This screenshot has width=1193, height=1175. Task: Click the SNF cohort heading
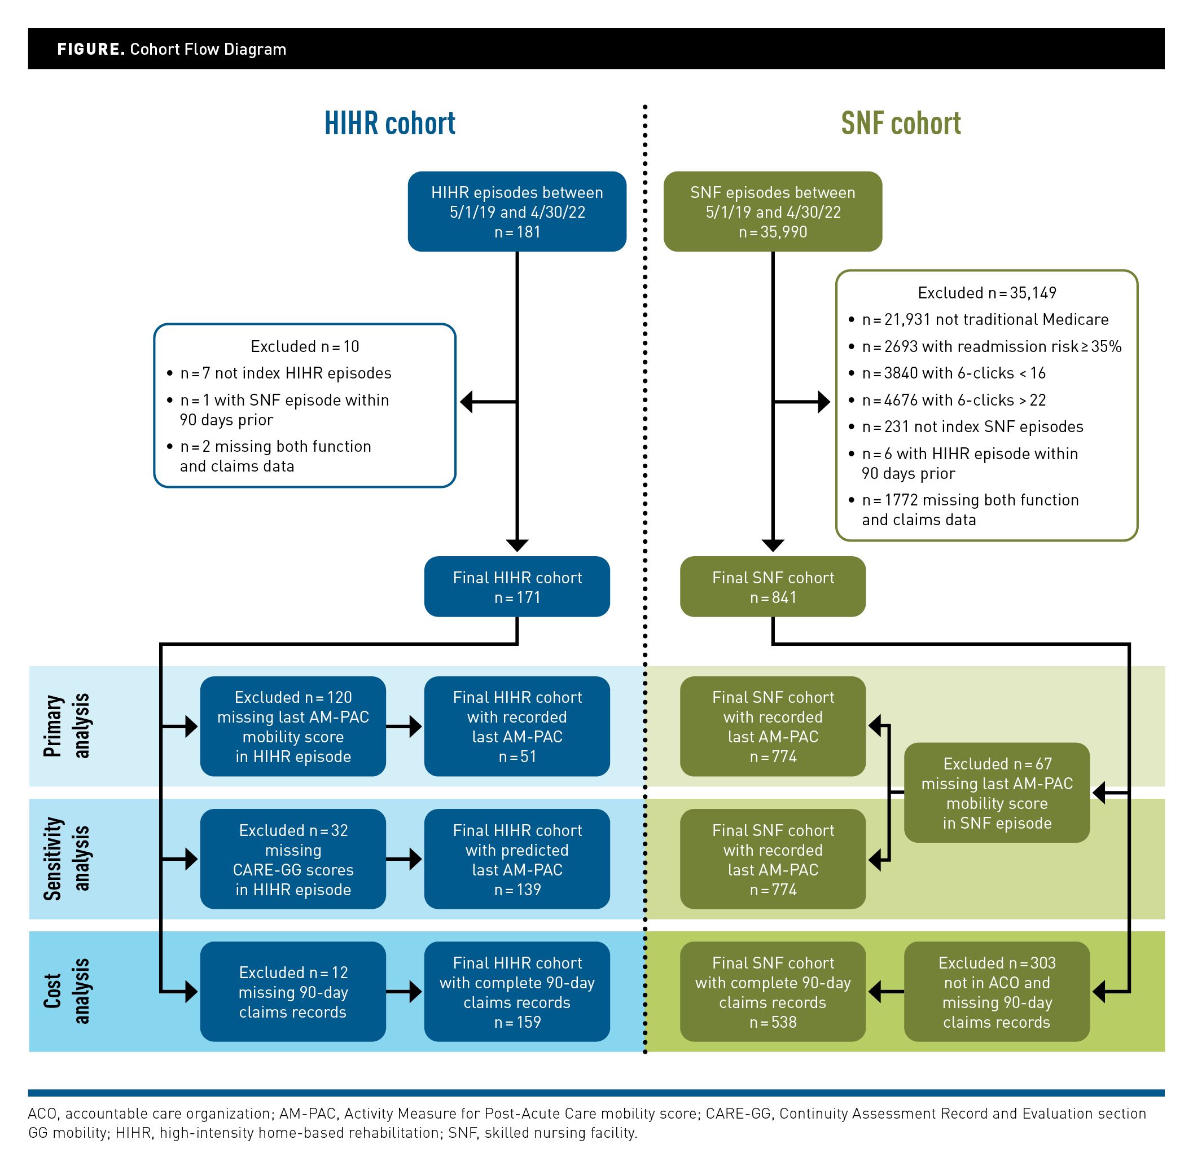900,124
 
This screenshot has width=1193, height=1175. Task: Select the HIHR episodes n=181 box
517,212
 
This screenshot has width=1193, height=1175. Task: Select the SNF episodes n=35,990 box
773,212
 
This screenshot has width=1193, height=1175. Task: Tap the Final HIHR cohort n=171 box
517,587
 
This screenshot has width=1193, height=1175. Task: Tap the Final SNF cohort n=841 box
773,587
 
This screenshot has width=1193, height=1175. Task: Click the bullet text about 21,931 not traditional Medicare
984,320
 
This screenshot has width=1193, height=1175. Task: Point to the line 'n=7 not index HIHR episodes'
286,373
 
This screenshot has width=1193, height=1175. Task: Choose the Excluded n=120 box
293,727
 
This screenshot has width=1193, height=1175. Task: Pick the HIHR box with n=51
517,727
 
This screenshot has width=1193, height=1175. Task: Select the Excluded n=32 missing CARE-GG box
293,859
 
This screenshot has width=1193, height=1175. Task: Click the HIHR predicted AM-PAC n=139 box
517,859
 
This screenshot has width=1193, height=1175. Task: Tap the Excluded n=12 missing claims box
293,992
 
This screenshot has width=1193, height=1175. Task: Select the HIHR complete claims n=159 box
517,992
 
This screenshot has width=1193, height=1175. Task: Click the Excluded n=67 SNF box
997,793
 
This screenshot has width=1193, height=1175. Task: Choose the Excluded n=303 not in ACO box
997,992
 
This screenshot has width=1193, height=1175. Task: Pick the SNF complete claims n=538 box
773,992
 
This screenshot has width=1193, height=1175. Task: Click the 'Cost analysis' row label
67,991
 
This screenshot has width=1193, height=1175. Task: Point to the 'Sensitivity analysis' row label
67,859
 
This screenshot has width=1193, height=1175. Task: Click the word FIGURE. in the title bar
91,50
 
